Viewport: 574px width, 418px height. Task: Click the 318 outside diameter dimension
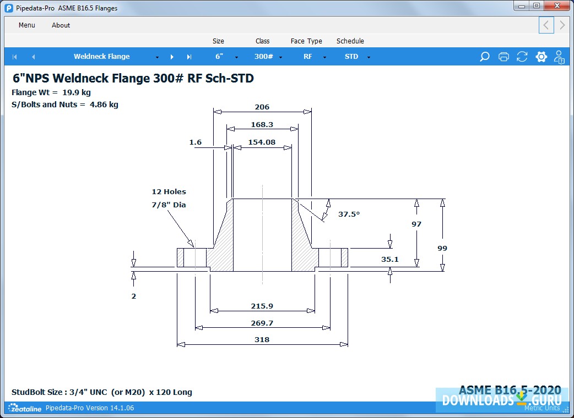tap(262, 339)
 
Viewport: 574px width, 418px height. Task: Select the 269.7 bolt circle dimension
tap(262, 323)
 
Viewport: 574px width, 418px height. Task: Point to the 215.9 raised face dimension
tap(262, 306)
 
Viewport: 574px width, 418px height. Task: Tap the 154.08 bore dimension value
tap(262, 142)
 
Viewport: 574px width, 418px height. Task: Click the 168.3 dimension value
tap(262, 125)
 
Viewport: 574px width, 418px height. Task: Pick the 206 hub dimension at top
tap(262, 107)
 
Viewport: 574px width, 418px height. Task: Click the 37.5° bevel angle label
tap(349, 214)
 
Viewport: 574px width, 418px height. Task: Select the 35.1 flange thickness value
tap(390, 259)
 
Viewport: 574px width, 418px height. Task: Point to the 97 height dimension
tap(416, 224)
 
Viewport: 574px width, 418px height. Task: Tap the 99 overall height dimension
tap(442, 248)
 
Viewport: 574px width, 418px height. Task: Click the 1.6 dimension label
tap(196, 142)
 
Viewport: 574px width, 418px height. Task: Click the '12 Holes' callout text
tap(169, 192)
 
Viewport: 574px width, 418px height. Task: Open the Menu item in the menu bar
tap(27, 25)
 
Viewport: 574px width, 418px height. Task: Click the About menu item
tap(61, 25)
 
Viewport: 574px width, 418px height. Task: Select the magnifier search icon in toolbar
tap(485, 57)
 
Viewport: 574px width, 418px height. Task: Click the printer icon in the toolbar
tap(503, 57)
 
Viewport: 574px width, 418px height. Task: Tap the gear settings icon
tap(541, 57)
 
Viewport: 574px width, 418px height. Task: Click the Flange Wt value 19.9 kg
tap(77, 92)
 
